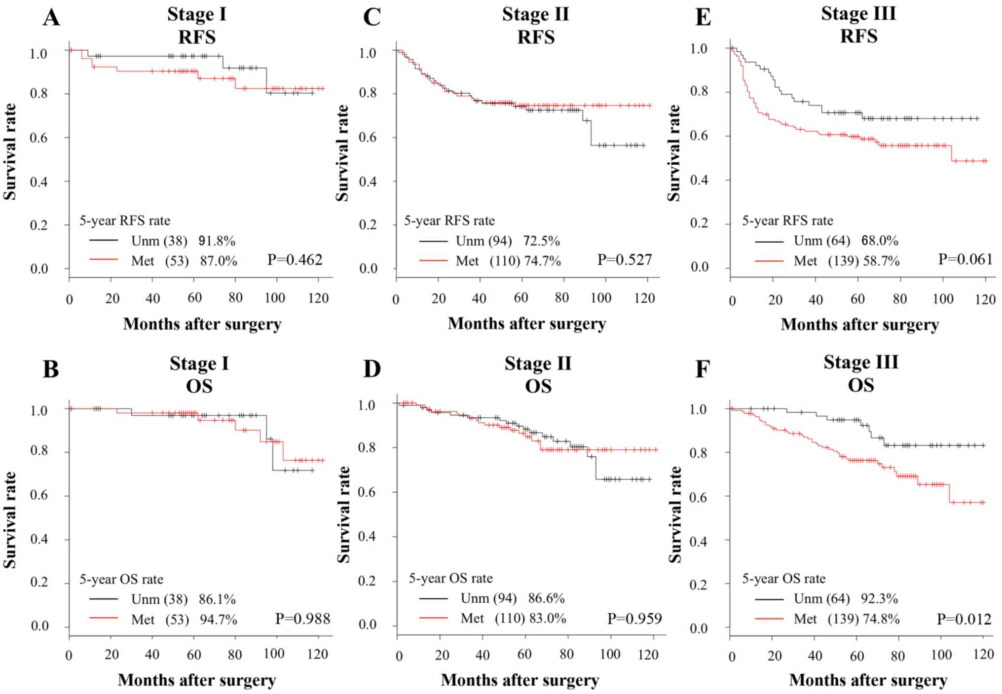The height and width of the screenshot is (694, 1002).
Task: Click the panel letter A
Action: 51,18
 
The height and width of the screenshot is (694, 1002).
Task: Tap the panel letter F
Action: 702,369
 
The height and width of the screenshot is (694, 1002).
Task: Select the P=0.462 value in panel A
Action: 295,260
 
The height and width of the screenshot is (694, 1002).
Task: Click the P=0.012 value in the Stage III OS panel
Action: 964,619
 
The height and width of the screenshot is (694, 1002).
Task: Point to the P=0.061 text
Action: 965,259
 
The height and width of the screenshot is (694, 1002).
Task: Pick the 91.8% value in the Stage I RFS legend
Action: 217,241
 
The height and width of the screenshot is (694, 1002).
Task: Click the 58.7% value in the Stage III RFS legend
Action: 881,261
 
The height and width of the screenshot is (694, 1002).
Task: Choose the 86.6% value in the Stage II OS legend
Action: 547,598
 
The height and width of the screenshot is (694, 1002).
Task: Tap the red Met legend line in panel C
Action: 433,260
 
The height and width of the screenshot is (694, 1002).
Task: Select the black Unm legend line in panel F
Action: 769,599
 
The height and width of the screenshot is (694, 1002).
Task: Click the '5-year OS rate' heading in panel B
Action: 121,579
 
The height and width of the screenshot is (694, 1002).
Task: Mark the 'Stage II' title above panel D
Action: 538,364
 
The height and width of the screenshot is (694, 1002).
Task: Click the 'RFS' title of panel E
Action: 859,37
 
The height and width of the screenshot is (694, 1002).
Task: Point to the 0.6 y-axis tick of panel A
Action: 39,138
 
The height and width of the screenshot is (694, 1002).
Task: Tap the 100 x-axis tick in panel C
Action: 601,298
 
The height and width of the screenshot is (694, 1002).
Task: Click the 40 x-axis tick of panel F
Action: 815,656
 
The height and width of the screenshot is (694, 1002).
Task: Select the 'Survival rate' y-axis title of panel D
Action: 343,514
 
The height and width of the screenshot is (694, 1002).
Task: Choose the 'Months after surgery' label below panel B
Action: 197,680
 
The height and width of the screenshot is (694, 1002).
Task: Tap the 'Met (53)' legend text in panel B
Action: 160,620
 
